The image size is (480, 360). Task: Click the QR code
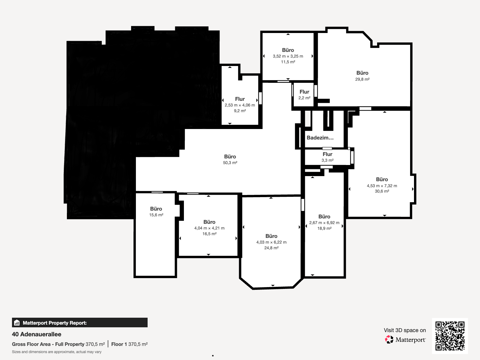point(450,336)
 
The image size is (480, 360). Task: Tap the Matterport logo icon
point(389,340)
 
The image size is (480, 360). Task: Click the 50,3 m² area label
point(230,163)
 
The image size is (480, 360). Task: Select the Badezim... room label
point(320,138)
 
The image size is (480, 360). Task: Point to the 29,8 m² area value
point(362,79)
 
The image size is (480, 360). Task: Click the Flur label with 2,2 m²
point(304,92)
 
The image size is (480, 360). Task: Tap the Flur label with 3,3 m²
point(327,154)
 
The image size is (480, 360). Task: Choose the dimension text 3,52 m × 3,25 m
point(288,56)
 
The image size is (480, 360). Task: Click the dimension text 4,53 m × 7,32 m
point(382,186)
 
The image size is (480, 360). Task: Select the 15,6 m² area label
point(156,215)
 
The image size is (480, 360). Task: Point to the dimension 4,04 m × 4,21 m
point(209,228)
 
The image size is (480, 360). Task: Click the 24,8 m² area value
point(271,248)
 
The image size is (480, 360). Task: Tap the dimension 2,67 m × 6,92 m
point(324,223)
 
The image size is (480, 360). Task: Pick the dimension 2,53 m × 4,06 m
point(240,105)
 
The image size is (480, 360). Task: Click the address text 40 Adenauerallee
point(37,334)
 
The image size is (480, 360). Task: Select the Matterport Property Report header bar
point(79,322)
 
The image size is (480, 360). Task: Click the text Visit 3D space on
point(405,330)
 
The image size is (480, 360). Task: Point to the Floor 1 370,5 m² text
point(130,344)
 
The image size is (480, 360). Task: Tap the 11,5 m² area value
point(288,62)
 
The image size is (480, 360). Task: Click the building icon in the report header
point(17,322)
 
